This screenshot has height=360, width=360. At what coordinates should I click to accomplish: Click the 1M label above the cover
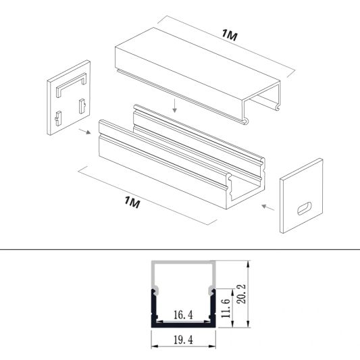click(x=229, y=36)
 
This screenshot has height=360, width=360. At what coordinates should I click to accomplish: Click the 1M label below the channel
click(x=132, y=201)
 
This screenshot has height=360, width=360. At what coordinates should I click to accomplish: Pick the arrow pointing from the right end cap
click(x=267, y=205)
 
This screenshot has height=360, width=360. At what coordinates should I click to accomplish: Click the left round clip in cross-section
click(x=155, y=292)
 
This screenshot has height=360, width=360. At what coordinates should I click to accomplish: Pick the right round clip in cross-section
click(x=212, y=292)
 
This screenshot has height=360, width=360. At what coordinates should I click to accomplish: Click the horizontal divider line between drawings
click(x=180, y=250)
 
